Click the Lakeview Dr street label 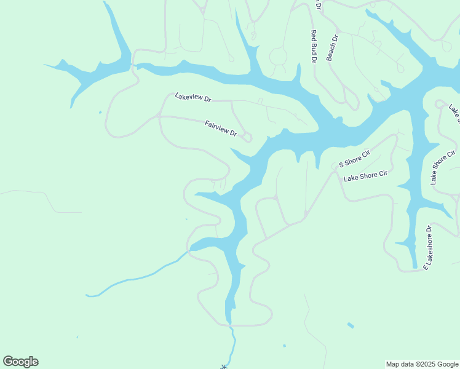point(192,97)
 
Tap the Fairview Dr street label point(221,129)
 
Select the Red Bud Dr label point(314,46)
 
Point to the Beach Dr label point(332,47)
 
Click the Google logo point(20,362)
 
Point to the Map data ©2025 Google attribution point(421,364)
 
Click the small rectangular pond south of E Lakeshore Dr point(351,325)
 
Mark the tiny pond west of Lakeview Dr point(100,112)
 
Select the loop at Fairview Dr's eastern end point(247,137)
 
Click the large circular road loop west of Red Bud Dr point(279,57)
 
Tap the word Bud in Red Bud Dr point(314,47)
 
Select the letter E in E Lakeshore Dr point(424,266)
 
